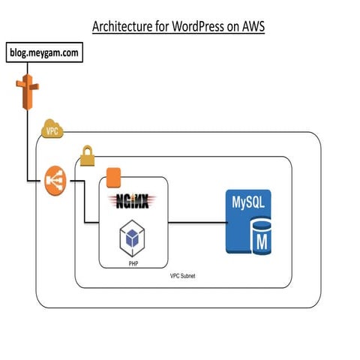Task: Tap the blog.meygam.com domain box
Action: [43, 54]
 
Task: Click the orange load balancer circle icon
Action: [55, 180]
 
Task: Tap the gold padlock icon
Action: [86, 157]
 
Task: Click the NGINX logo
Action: [131, 200]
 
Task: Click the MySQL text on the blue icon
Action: [248, 202]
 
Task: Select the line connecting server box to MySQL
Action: [195, 222]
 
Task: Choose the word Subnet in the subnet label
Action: [190, 277]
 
